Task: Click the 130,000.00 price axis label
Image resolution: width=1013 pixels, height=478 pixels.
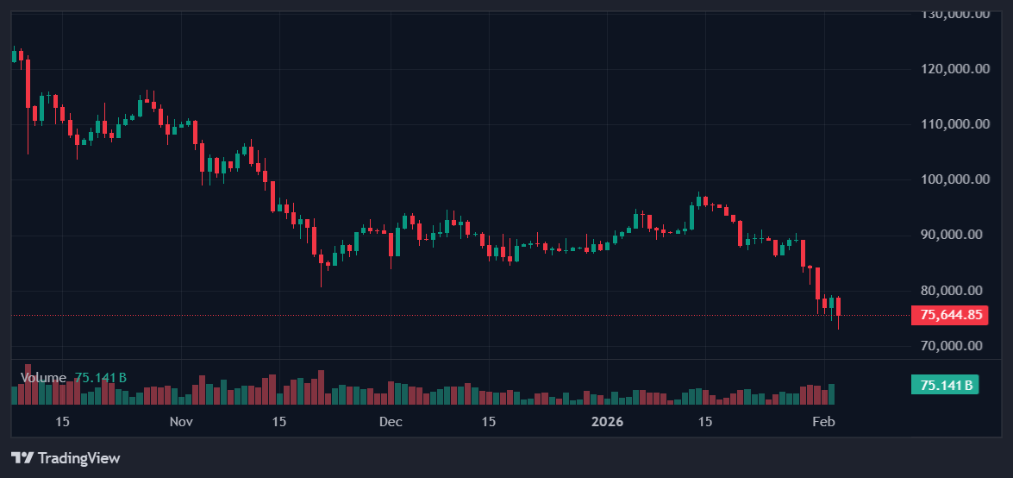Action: point(954,14)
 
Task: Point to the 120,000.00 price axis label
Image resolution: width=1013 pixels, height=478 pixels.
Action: point(954,69)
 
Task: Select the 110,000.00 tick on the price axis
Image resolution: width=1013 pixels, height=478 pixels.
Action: point(954,124)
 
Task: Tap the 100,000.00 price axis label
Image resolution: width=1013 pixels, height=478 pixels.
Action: point(954,179)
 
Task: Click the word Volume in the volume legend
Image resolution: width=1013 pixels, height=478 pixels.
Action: point(43,378)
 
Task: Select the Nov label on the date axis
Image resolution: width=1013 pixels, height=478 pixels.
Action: point(181,422)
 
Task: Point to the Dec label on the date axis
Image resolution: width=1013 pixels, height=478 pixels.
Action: point(391,422)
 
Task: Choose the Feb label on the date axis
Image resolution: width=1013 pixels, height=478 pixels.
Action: point(825,422)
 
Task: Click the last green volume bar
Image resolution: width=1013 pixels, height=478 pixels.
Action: point(832,394)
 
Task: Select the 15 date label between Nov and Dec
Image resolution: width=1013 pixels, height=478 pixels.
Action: point(278,422)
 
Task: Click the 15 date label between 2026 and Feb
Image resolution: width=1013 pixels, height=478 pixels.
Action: point(704,422)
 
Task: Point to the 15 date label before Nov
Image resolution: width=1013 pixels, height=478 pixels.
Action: point(62,422)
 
